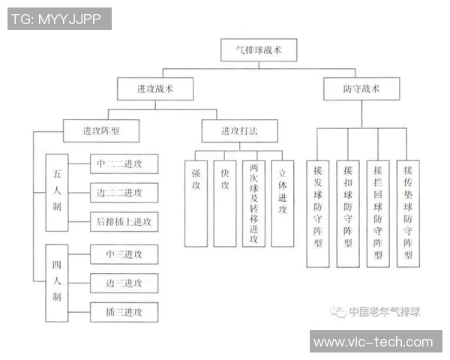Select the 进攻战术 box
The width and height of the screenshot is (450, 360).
click(x=155, y=89)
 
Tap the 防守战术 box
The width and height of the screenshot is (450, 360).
click(x=361, y=89)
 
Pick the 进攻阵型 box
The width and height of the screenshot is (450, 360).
click(x=100, y=130)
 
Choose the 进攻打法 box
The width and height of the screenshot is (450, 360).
click(x=239, y=130)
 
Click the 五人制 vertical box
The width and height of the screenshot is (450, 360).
click(x=57, y=191)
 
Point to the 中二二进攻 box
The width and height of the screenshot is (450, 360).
click(x=124, y=163)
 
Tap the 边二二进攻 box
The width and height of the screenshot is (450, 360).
click(x=124, y=192)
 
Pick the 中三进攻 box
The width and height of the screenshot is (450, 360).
click(x=124, y=253)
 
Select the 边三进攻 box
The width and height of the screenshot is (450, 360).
click(x=124, y=283)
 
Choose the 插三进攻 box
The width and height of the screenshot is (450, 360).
click(x=124, y=311)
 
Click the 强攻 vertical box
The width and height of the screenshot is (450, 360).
click(x=196, y=203)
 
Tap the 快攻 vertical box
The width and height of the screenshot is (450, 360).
click(x=224, y=203)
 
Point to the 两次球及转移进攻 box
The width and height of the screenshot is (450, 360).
click(x=253, y=203)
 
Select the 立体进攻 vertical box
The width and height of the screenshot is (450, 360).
click(x=282, y=203)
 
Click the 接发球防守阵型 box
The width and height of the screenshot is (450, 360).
click(x=318, y=213)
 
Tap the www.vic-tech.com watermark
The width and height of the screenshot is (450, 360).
click(x=373, y=342)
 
